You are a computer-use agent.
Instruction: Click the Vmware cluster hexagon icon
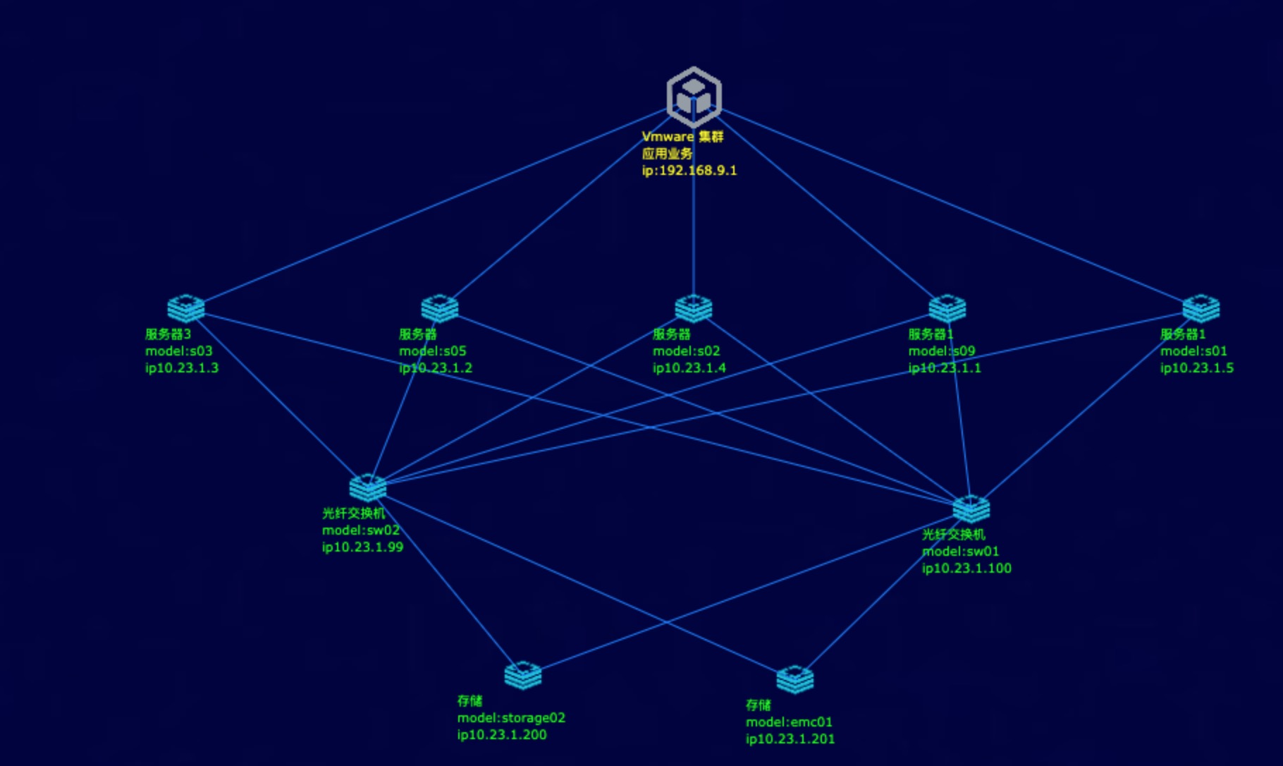pyautogui.click(x=694, y=97)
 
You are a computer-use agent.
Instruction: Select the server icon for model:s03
pyautogui.click(x=186, y=308)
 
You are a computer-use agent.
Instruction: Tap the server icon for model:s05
pyautogui.click(x=440, y=308)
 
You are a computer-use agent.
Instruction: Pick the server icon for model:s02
pyautogui.click(x=694, y=308)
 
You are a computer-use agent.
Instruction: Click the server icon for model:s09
pyautogui.click(x=947, y=308)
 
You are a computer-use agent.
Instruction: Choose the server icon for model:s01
pyautogui.click(x=1201, y=308)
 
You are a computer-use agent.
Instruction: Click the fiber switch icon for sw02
pyautogui.click(x=368, y=487)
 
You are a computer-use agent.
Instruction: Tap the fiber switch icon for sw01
pyautogui.click(x=971, y=509)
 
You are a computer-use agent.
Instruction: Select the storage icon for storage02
pyautogui.click(x=523, y=675)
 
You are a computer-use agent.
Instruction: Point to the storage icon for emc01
pyautogui.click(x=795, y=679)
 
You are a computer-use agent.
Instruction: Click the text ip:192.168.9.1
pyautogui.click(x=689, y=171)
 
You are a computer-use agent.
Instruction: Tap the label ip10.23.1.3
pyautogui.click(x=182, y=368)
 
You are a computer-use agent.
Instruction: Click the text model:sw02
pyautogui.click(x=361, y=530)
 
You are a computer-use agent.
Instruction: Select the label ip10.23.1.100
pyautogui.click(x=966, y=569)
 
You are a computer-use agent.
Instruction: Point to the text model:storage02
pyautogui.click(x=511, y=718)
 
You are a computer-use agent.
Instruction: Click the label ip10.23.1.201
pyautogui.click(x=790, y=739)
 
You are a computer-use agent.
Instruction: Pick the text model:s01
pyautogui.click(x=1193, y=351)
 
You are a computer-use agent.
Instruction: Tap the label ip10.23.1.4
pyautogui.click(x=689, y=368)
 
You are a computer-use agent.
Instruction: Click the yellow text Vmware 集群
pyautogui.click(x=682, y=137)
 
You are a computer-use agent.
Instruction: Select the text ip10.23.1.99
pyautogui.click(x=362, y=547)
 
